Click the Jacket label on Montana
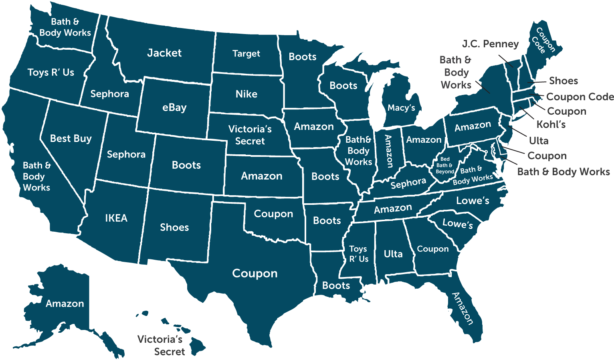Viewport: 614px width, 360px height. (x=164, y=53)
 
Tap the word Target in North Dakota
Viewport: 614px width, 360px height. (x=246, y=54)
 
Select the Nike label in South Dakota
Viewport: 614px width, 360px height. (x=246, y=94)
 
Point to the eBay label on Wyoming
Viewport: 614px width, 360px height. (x=174, y=107)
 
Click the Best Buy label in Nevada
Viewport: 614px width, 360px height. (x=71, y=139)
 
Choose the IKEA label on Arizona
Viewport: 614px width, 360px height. (x=116, y=218)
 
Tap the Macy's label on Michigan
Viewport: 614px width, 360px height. (x=401, y=107)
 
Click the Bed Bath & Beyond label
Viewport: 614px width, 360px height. (x=444, y=165)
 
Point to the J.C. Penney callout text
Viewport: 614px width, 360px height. (x=490, y=44)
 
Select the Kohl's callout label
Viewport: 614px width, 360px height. (x=551, y=124)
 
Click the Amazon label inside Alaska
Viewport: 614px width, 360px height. (x=65, y=303)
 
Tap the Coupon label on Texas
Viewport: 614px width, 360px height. (x=255, y=273)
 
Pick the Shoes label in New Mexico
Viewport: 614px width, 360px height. (x=174, y=227)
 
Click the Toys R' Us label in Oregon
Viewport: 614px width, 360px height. (x=51, y=73)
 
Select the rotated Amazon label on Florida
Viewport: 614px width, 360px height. (x=463, y=308)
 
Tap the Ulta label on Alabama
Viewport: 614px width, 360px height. (x=393, y=254)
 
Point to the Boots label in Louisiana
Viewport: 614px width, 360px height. (x=336, y=285)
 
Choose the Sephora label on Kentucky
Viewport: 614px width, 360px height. (x=408, y=183)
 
